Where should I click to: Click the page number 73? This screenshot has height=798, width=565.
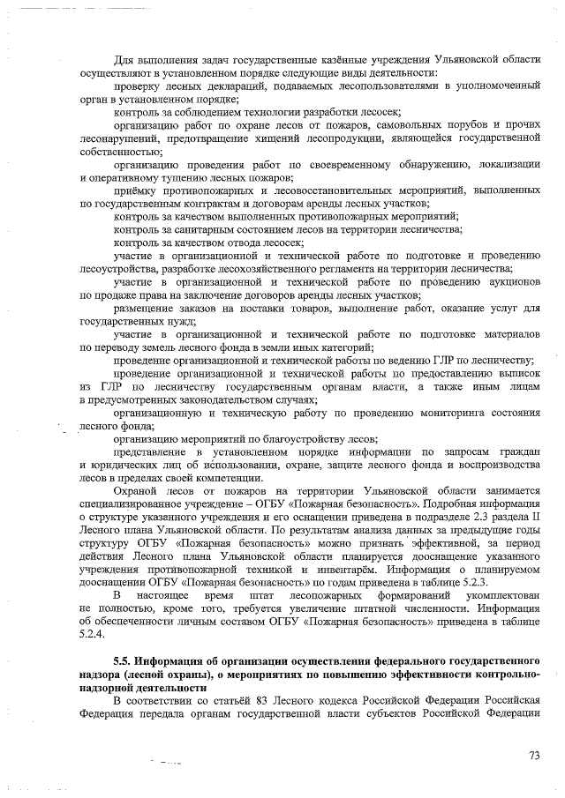click(533, 755)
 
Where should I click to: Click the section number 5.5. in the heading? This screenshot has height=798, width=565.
click(124, 660)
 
